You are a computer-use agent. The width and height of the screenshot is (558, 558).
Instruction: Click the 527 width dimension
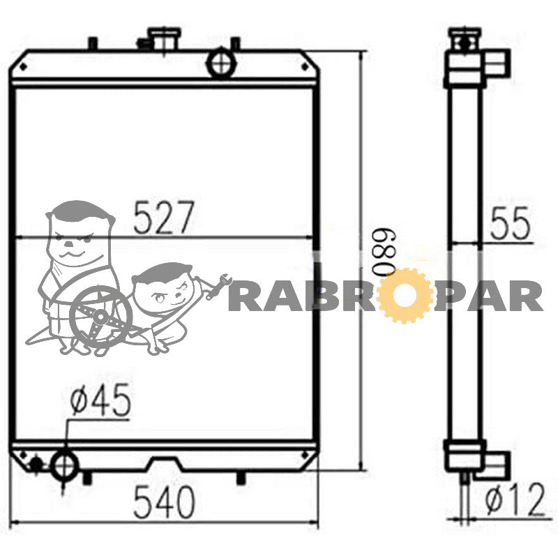pos(165,217)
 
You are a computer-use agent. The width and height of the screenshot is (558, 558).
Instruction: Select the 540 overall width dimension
pos(165,502)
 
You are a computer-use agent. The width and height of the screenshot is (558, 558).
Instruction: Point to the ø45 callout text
pos(100,400)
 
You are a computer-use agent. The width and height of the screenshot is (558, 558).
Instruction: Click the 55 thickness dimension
pos(510,223)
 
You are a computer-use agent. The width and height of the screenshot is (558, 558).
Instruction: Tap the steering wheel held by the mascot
pos(100,316)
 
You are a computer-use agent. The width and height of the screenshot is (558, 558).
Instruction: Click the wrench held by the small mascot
pos(218,285)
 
